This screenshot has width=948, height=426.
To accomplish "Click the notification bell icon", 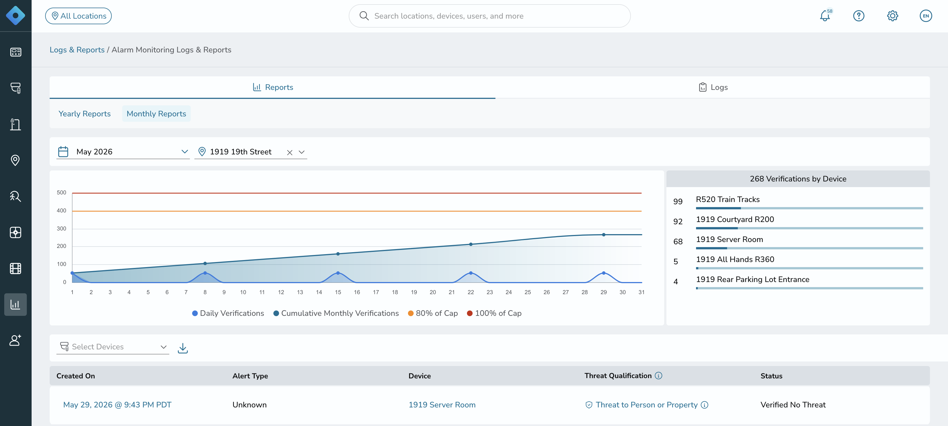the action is pos(825,16).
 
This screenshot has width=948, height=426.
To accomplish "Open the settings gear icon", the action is pos(892,16).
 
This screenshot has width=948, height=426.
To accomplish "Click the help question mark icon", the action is pos(859,16).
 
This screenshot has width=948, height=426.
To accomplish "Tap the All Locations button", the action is pos(78,16).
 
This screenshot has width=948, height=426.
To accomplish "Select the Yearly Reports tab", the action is pos(85,114).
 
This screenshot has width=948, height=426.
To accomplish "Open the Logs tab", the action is pos(713,87).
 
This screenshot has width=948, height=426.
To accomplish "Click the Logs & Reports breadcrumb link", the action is pos(77,50).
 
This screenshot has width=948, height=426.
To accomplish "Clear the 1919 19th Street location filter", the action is pos(290,152).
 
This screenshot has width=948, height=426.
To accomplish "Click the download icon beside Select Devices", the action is pos(183,348).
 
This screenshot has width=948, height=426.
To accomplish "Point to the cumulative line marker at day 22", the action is pos(471,244).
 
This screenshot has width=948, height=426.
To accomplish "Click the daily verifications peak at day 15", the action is pos(338,273).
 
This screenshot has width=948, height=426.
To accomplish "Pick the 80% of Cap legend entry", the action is pos(433,313).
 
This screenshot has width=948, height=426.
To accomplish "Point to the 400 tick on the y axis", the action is pos(62,211).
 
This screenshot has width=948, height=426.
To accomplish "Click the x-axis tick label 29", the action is pos(604,292).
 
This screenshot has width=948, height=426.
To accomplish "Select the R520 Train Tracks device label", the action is pos(728,199).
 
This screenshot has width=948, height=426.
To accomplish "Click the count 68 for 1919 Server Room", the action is pos(678,241).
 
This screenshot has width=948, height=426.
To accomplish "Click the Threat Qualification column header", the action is pos(618,376).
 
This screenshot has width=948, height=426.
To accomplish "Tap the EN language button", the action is pos(925,16).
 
